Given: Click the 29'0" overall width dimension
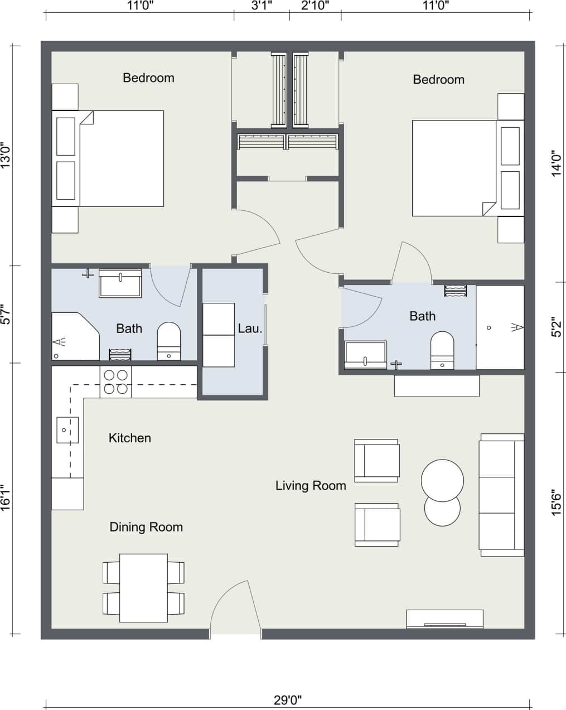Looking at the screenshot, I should [x=288, y=699].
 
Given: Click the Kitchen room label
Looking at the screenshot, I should [x=129, y=438].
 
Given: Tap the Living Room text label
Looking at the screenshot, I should [x=311, y=485].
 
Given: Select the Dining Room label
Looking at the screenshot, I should [x=146, y=527].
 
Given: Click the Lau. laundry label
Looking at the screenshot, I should [x=250, y=329].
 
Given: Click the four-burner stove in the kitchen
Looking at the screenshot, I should [x=116, y=382].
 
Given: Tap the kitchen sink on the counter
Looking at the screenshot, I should [x=67, y=429].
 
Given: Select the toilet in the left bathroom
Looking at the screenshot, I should [x=169, y=341].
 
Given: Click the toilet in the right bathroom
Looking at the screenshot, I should [x=442, y=350].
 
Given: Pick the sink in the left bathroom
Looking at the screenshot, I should [x=120, y=283].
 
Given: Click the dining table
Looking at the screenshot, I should [x=144, y=588].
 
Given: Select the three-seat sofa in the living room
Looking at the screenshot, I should [x=501, y=495].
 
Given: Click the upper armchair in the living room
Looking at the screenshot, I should [x=377, y=460].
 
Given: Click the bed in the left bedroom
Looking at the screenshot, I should [x=122, y=158].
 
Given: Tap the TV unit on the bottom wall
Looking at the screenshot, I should [x=444, y=619].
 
